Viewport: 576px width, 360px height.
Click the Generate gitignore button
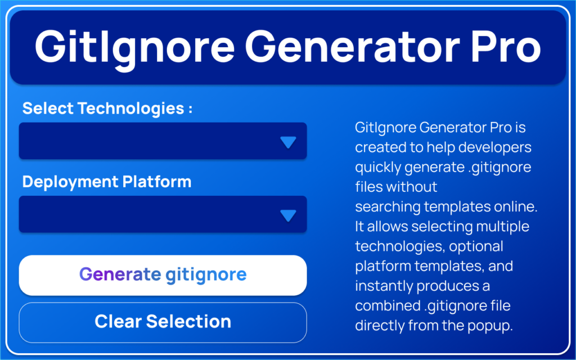(163, 275)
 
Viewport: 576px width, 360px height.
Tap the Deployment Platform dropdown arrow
(288, 215)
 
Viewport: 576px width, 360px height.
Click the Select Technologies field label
(107, 109)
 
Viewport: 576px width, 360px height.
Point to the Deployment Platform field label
(107, 182)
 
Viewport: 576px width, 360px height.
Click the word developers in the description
(494, 147)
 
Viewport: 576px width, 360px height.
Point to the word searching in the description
(388, 207)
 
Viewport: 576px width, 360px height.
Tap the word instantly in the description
(384, 286)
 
